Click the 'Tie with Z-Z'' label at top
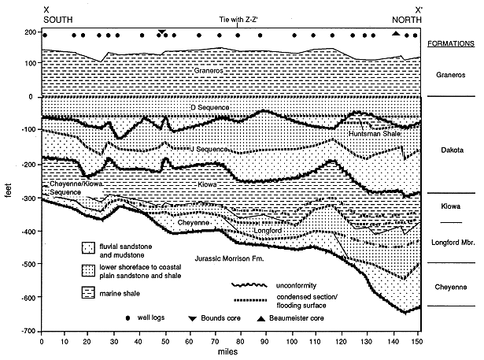238,20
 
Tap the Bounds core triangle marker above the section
162,32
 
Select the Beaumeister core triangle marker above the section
396,33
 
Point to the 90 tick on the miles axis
264,341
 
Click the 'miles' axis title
227,351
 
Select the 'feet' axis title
8,191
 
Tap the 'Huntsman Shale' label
375,134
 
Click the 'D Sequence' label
210,108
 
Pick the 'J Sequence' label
209,149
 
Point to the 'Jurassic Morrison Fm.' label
229,258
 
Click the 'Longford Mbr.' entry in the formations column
453,243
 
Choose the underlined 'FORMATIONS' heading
451,43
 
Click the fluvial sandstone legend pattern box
88,248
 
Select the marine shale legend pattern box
88,292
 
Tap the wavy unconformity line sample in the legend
249,285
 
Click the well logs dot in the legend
127,318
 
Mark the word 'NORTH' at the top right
407,20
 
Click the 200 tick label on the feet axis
31,32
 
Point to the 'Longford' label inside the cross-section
268,231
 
